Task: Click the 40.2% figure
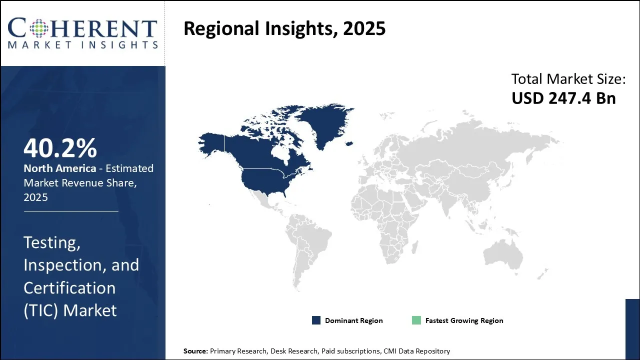click(x=60, y=148)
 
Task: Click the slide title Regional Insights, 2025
click(x=284, y=29)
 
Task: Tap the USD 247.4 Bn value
click(x=563, y=98)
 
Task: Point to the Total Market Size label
click(x=568, y=79)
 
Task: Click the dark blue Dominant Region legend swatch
click(x=316, y=320)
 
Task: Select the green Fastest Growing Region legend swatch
click(x=416, y=320)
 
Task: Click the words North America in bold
click(x=59, y=168)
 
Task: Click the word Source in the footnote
click(x=195, y=351)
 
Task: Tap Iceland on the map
click(x=349, y=143)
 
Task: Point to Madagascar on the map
click(x=415, y=247)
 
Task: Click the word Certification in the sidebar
click(x=69, y=287)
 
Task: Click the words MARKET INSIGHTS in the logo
click(x=83, y=45)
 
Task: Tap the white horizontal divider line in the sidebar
click(x=71, y=211)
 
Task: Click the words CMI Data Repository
click(x=416, y=351)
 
